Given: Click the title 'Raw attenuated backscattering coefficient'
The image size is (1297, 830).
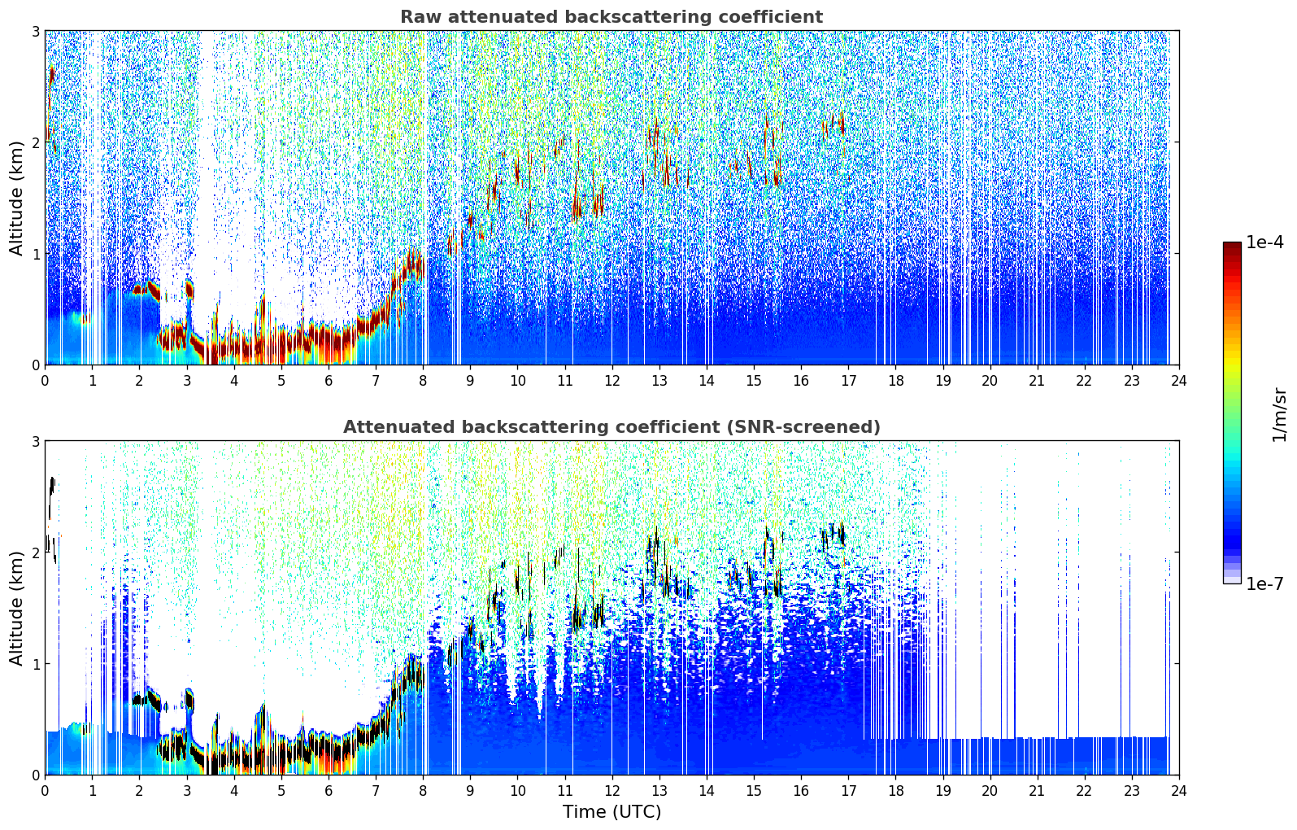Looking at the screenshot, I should pos(612,17).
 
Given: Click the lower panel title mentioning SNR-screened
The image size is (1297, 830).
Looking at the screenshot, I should pos(612,427).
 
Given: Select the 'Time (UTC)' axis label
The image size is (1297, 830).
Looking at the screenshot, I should pos(612,812).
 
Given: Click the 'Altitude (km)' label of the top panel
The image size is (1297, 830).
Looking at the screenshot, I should pos(17,198).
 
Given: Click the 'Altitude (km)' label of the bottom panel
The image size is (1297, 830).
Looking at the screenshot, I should pos(17,608).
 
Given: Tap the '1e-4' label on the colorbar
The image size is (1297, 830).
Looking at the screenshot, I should pos(1264,242).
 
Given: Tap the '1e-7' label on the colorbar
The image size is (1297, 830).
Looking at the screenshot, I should pos(1264,583).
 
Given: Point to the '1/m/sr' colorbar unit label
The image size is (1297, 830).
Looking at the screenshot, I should pos(1279,414).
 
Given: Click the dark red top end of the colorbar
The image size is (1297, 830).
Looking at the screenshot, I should pos(1232,246).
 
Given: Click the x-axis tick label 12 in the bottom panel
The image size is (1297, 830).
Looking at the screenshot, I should pos(612,790).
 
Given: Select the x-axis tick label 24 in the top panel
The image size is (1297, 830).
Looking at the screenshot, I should pos(1178,380).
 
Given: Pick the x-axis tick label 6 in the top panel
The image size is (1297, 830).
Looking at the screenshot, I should pos(329,380).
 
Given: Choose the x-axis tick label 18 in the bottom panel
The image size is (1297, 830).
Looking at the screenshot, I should pos(895,790).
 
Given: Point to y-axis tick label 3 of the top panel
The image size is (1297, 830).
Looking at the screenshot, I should pos(35,31).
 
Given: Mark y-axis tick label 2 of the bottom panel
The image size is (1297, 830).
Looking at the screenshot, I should pos(35,553).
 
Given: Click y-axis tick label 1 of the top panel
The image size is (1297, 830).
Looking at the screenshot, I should pos(35,254).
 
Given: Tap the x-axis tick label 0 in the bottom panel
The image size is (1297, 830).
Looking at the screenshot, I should pos(45,790).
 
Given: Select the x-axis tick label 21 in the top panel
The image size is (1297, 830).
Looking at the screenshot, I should pos(1037,380).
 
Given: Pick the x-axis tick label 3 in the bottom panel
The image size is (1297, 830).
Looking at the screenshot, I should pos(187,790).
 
